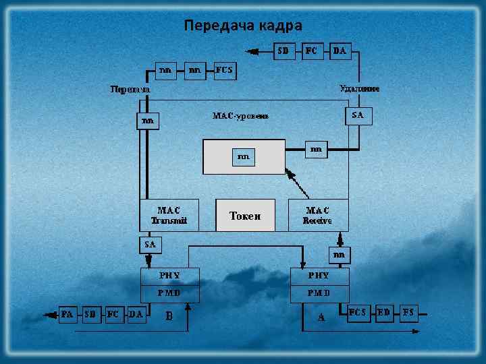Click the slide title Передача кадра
pyautogui.click(x=243, y=26)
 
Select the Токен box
pyautogui.click(x=245, y=216)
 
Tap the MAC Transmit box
pyautogui.click(x=169, y=215)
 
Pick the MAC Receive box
pyautogui.click(x=318, y=215)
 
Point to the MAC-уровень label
pyautogui.click(x=240, y=116)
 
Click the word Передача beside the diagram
pyautogui.click(x=130, y=89)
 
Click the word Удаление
pyautogui.click(x=359, y=88)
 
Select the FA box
pyautogui.click(x=67, y=314)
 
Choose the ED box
pyautogui.click(x=384, y=313)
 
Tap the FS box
pyautogui.click(x=408, y=313)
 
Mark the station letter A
pyautogui.click(x=321, y=317)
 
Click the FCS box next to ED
pyautogui.click(x=358, y=313)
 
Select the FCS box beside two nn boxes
pyautogui.click(x=225, y=69)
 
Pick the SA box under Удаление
pyautogui.click(x=358, y=115)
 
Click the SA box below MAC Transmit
pyautogui.click(x=149, y=243)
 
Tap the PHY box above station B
pyautogui.click(x=169, y=276)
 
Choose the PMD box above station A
pyautogui.click(x=319, y=293)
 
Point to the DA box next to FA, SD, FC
pyautogui.click(x=136, y=314)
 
